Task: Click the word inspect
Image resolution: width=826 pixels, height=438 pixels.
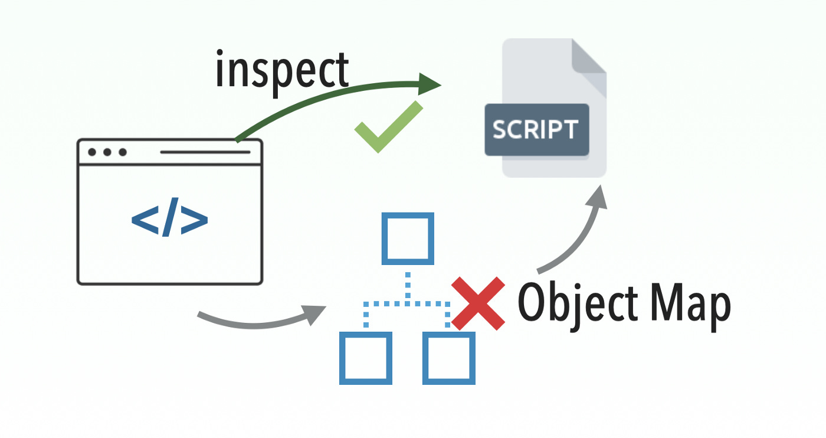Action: click(x=282, y=70)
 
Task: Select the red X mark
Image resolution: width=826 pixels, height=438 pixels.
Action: click(x=478, y=303)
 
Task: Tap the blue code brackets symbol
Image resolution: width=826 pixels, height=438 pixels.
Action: click(x=169, y=220)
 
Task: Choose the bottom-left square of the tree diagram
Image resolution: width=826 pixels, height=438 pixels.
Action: click(x=366, y=358)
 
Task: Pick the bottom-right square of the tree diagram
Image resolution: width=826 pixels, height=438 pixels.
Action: click(x=449, y=358)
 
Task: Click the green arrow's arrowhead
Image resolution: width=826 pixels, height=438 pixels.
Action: click(x=430, y=84)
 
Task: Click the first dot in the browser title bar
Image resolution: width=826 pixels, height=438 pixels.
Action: click(x=93, y=152)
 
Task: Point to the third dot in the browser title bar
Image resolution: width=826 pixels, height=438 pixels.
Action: click(x=123, y=152)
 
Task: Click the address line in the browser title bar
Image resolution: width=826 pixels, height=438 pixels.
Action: click(x=205, y=152)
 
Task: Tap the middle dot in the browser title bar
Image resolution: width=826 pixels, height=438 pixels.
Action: click(x=107, y=152)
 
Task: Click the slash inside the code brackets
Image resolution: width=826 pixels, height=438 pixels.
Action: click(x=169, y=220)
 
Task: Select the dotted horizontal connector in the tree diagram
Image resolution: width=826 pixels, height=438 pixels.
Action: click(x=407, y=304)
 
